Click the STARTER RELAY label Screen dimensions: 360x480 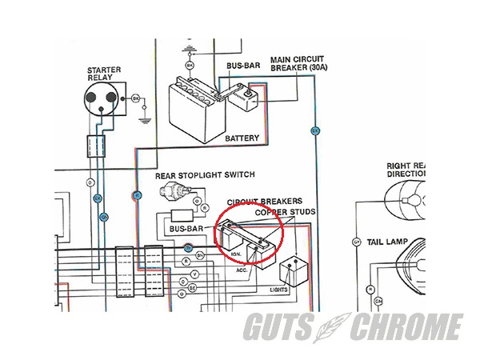coord(103,74)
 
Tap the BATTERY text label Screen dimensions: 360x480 coord(242,138)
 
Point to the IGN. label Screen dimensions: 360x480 coord(236,254)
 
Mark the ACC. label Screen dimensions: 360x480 coord(240,270)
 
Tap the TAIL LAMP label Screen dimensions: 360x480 coord(386,241)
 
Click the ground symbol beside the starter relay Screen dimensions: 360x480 coord(145,119)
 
